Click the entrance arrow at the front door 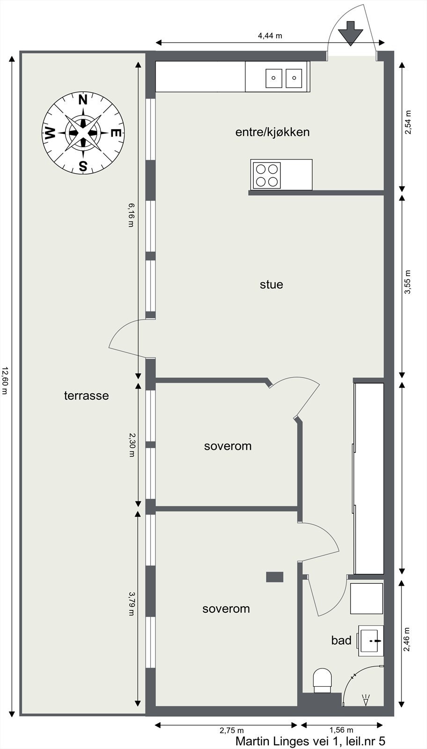(350, 33)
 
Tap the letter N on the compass (83, 100)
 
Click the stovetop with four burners (266, 175)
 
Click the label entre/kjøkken (272, 132)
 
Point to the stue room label (272, 285)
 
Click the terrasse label (86, 396)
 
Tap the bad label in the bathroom (341, 640)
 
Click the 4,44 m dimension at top (270, 36)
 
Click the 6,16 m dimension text (131, 214)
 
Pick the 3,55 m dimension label (407, 282)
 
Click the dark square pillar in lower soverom (275, 577)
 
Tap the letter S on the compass (83, 166)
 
